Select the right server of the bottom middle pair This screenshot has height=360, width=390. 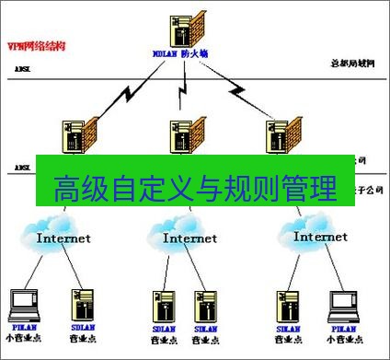pyautogui.click(x=204, y=306)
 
